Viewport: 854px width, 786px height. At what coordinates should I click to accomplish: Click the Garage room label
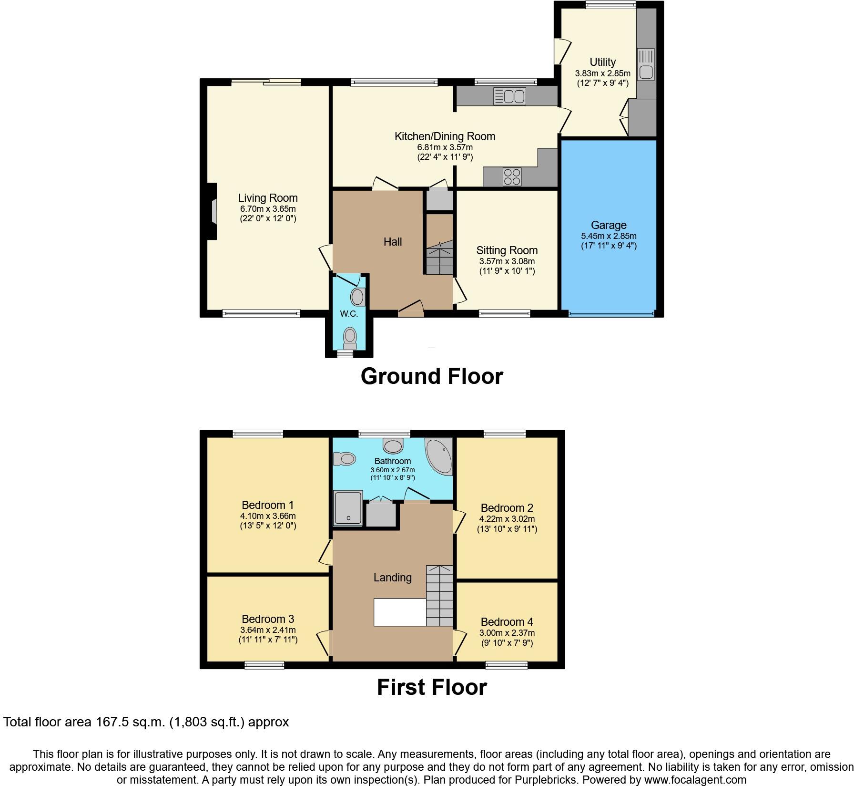click(609, 225)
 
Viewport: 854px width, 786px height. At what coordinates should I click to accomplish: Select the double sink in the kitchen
click(509, 96)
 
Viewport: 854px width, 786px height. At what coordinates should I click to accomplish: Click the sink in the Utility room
click(646, 65)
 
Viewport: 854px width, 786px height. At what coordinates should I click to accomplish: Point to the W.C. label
click(349, 313)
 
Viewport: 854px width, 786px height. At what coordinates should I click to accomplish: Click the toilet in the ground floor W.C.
click(350, 338)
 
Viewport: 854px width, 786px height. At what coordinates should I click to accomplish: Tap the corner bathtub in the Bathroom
click(439, 456)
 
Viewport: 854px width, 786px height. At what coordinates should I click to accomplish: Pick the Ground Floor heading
click(432, 376)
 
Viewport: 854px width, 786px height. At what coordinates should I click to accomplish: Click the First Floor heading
click(432, 687)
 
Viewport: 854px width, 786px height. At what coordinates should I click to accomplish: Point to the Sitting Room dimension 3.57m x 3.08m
click(507, 261)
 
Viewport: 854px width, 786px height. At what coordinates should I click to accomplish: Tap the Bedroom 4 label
click(507, 622)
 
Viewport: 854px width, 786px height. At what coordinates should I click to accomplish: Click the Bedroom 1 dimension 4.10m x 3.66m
click(268, 516)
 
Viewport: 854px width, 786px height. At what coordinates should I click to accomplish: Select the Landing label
click(392, 578)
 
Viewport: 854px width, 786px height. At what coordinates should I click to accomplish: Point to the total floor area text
click(146, 722)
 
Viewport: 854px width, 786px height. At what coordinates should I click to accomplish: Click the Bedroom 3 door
click(324, 643)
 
